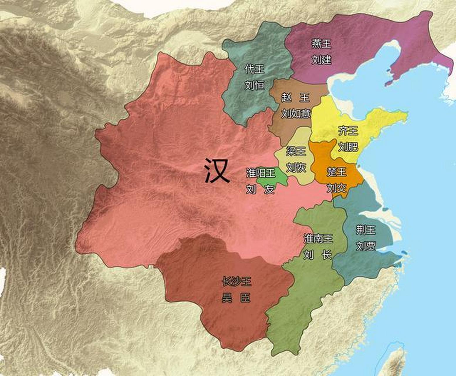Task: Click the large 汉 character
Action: tap(217, 170)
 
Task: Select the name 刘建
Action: tap(321, 60)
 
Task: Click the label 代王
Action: tap(254, 69)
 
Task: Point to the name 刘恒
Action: tap(254, 85)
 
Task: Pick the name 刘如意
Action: tap(296, 113)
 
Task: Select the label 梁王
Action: tap(296, 151)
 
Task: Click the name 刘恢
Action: tap(296, 167)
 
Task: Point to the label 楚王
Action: tap(337, 172)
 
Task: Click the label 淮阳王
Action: tap(261, 173)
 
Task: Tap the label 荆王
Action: tap(366, 230)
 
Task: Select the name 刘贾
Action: tap(366, 246)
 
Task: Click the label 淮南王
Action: tap(318, 239)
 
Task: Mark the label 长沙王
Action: tap(236, 282)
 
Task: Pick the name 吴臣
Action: tap(236, 298)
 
